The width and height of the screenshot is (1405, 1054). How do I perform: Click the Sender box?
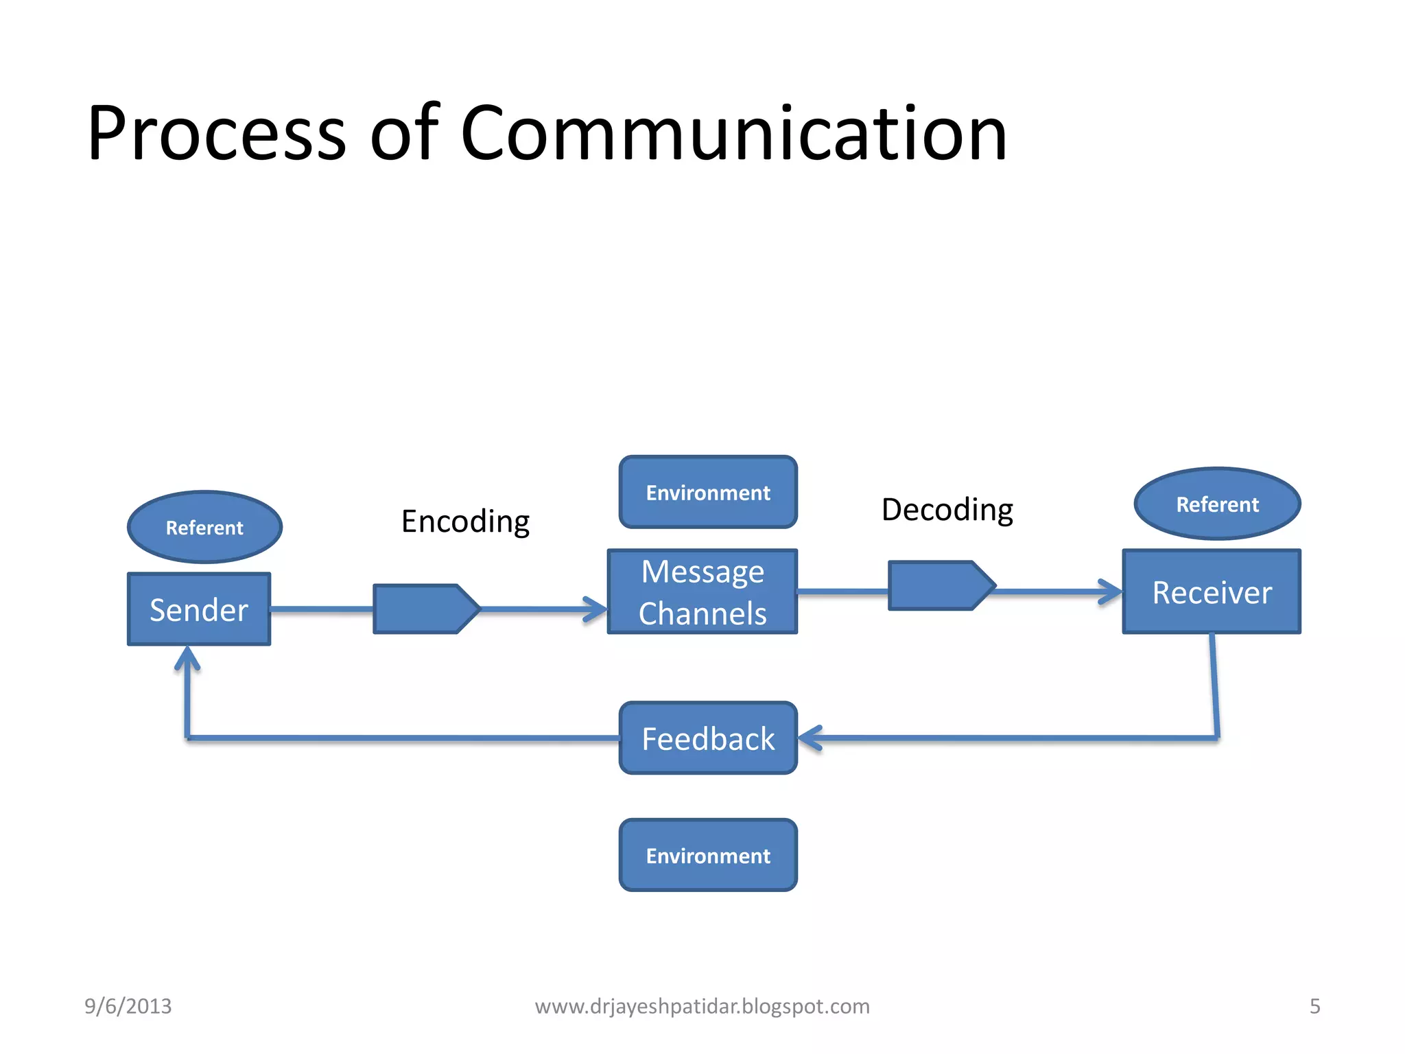click(199, 609)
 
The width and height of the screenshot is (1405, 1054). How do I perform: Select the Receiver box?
click(1212, 592)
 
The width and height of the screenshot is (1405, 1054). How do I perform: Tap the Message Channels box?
click(702, 592)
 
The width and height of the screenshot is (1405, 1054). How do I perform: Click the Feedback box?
click(708, 738)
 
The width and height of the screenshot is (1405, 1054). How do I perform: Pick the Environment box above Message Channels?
click(708, 493)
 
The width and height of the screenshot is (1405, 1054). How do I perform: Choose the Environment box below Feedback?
click(708, 856)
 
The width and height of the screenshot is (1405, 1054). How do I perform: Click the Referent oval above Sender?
click(204, 527)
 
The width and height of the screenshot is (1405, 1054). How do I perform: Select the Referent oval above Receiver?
click(1217, 504)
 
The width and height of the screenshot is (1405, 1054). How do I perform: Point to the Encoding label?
click(465, 522)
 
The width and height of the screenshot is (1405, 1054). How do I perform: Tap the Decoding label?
click(947, 510)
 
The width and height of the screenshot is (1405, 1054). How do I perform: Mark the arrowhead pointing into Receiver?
click(1111, 592)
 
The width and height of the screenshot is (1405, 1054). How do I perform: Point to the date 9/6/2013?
click(128, 1006)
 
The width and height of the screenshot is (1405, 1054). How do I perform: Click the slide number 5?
click(1314, 1006)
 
